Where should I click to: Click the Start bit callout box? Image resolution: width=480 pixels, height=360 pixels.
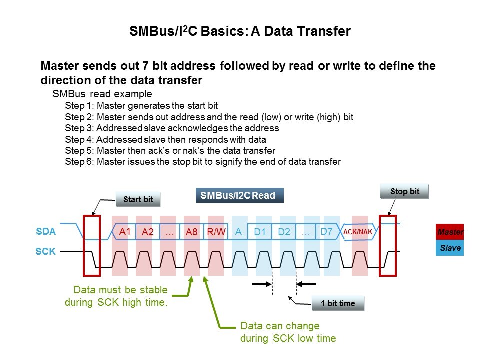point(138,199)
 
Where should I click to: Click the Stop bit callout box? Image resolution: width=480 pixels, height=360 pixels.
point(404,191)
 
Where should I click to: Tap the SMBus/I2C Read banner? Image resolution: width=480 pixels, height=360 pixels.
point(239,195)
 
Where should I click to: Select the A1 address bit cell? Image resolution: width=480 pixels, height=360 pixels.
point(124,232)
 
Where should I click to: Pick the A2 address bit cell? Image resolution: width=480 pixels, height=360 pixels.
point(148,232)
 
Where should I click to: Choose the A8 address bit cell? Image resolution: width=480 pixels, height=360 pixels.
point(192,232)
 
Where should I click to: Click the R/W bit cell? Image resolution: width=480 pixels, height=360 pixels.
point(216,232)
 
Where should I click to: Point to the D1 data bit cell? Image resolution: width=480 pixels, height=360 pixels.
point(260,232)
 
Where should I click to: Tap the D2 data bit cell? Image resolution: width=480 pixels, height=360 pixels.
point(284,232)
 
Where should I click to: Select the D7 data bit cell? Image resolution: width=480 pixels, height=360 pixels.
point(327,232)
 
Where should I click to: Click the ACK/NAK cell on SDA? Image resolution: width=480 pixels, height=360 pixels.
point(358,232)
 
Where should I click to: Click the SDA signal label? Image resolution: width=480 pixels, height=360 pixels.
point(46,231)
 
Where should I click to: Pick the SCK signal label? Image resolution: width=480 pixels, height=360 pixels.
point(46,251)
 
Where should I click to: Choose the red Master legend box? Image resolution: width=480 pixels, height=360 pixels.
point(450,232)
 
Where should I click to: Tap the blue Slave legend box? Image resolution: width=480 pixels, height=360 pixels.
point(450,248)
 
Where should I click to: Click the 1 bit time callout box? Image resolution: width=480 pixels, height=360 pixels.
point(338,303)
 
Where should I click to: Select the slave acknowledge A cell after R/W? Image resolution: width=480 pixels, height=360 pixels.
point(239,232)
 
